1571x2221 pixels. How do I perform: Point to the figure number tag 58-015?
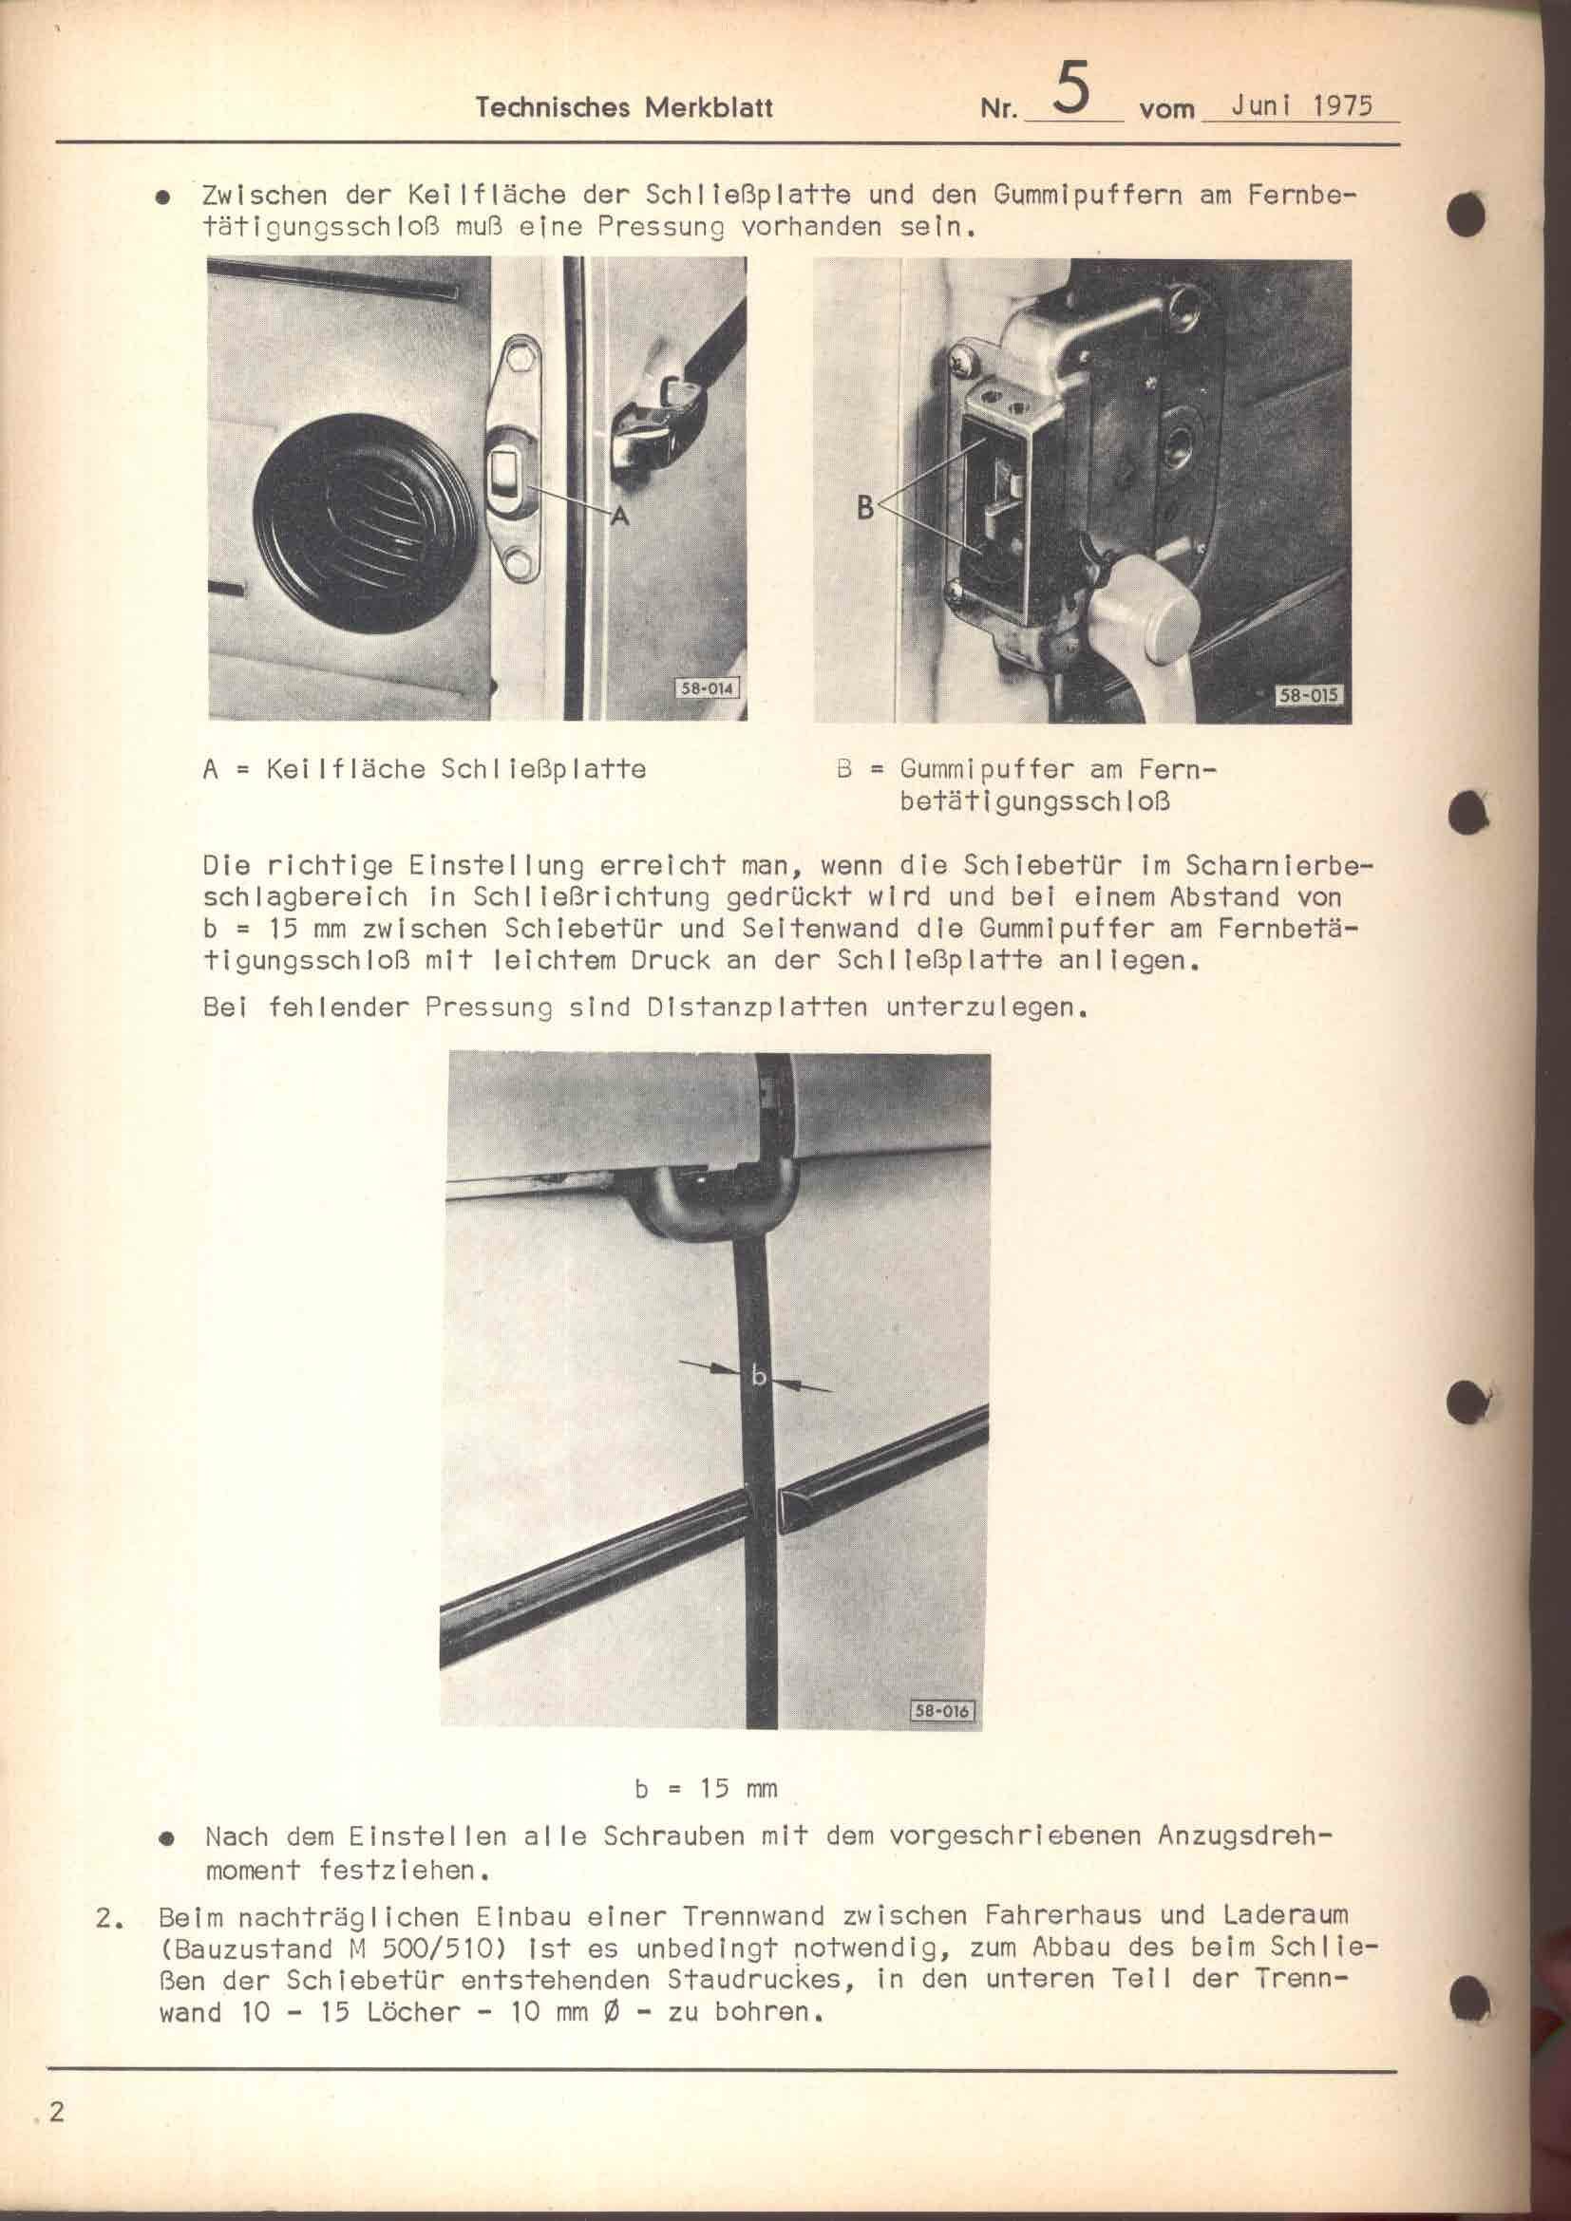1309,694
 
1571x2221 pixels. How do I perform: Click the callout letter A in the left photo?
619,518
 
